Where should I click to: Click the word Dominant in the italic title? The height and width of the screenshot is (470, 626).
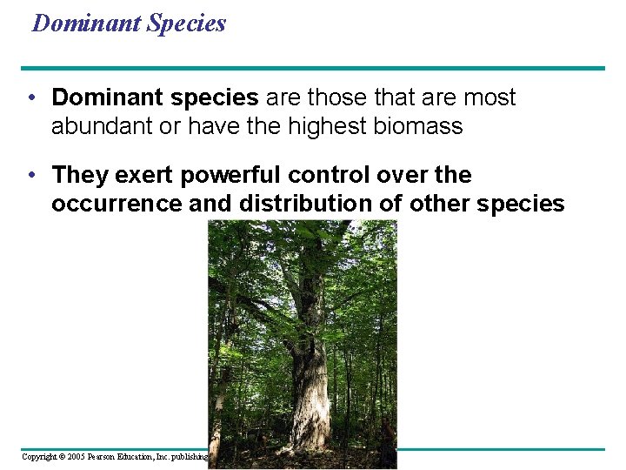pos(87,23)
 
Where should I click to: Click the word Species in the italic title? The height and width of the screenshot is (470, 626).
pos(186,23)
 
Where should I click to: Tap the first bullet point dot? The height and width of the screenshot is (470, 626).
pos(31,97)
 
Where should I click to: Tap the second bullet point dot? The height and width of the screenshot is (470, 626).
pos(31,175)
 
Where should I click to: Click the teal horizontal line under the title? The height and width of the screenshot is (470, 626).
pos(313,68)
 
